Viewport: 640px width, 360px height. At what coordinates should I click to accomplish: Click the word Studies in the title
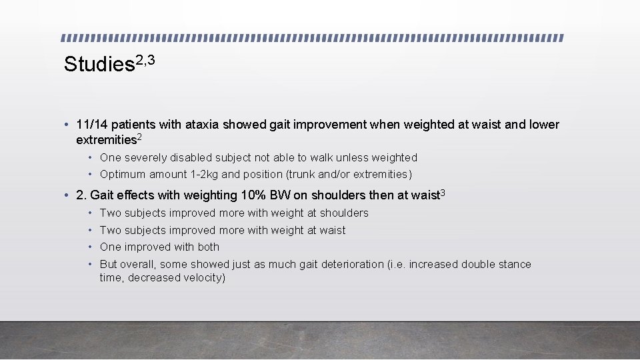99,65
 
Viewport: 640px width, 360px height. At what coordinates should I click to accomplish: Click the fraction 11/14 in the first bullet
92,125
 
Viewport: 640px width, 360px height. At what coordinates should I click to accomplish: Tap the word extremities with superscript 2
106,140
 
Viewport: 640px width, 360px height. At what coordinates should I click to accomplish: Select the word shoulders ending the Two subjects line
344,213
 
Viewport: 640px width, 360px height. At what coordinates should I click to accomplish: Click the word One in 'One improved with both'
110,247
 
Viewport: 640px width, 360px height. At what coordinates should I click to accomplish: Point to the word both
208,247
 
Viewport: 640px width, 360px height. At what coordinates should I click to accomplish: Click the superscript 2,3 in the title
145,60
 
